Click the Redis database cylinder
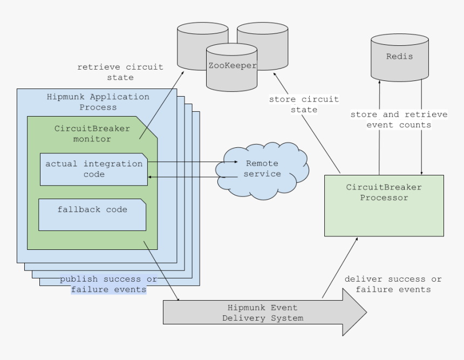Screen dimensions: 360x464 point(399,57)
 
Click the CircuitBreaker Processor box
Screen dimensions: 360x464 point(384,206)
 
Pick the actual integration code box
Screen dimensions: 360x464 point(94,168)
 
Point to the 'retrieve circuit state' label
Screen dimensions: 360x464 point(120,72)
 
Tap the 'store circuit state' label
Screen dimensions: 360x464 point(304,104)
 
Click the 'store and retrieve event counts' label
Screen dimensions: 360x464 point(399,119)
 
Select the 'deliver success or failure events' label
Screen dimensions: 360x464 point(393,284)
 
